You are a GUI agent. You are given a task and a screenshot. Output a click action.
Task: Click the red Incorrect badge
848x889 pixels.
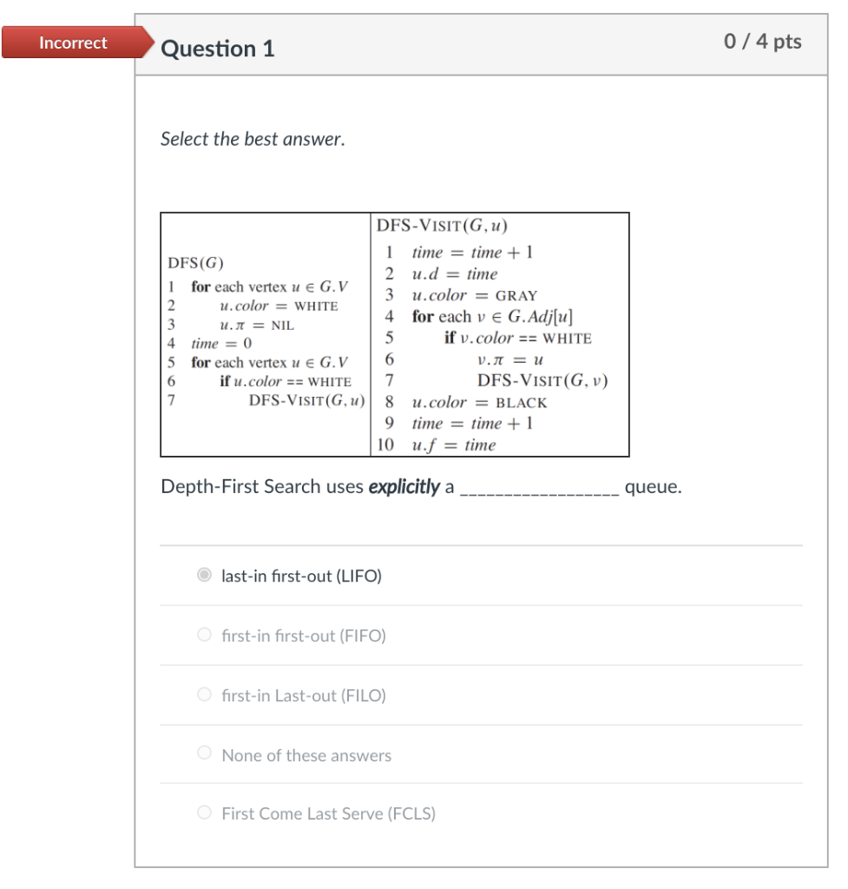73,43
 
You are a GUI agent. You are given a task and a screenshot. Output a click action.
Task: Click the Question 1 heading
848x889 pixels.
218,49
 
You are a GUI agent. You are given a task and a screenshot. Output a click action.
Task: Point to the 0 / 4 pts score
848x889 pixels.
762,42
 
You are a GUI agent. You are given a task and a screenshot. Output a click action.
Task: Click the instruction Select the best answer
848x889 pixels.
253,139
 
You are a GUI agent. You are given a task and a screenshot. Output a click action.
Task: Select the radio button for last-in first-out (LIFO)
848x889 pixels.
204,576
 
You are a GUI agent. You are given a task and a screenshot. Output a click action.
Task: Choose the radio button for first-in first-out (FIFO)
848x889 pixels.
204,635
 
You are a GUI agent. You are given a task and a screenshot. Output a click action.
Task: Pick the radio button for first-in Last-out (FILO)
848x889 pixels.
204,695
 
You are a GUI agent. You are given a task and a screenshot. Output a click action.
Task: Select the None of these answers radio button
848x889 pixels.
204,754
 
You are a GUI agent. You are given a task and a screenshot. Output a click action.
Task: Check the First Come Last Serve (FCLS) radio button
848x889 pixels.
204,813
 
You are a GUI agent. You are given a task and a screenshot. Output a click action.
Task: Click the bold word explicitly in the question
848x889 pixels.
404,487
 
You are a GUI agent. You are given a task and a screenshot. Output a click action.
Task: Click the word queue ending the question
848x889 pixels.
653,487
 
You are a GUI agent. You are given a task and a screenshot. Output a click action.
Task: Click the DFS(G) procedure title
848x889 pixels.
195,263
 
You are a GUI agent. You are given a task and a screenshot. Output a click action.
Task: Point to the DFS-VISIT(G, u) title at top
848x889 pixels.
442,227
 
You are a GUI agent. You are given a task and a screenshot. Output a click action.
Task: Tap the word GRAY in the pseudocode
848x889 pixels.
516,296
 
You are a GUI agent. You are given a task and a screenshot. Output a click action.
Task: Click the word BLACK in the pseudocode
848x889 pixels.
521,403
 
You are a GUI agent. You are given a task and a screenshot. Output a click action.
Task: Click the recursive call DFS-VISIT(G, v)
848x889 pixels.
536,381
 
